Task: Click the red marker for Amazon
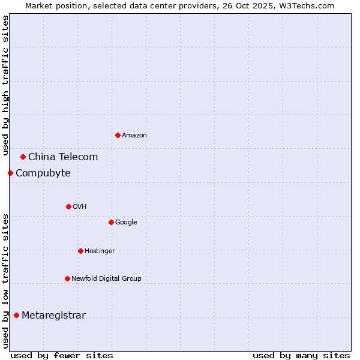[x=118, y=135]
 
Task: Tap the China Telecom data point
[x=23, y=157]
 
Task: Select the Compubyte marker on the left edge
[x=10, y=173]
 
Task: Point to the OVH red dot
[x=68, y=206]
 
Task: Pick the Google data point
[x=111, y=222]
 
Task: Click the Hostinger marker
[x=80, y=251]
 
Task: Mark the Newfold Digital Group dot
[x=67, y=278]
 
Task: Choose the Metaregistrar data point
[x=16, y=315]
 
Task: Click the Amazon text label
[x=134, y=135]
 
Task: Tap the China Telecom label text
[x=63, y=157]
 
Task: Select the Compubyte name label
[x=43, y=173]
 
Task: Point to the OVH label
[x=80, y=206]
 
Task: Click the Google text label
[x=126, y=222]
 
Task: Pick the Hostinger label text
[x=100, y=251]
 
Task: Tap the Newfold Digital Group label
[x=107, y=278]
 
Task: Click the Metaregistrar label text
[x=53, y=316]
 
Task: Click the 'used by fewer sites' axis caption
[x=62, y=355]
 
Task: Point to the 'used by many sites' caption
[x=301, y=355]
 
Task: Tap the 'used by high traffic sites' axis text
[x=5, y=85]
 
